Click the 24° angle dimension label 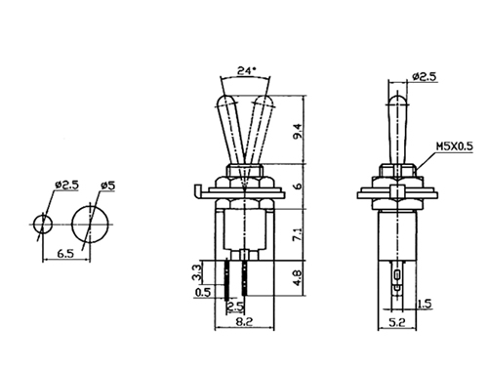(x=246, y=70)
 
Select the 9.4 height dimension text (x=298, y=131)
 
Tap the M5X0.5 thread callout (x=455, y=146)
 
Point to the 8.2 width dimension (x=244, y=322)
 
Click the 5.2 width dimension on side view (x=397, y=322)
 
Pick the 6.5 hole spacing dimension (x=65, y=254)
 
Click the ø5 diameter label (x=108, y=185)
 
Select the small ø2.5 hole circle (x=43, y=225)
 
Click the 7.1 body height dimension (x=298, y=234)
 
